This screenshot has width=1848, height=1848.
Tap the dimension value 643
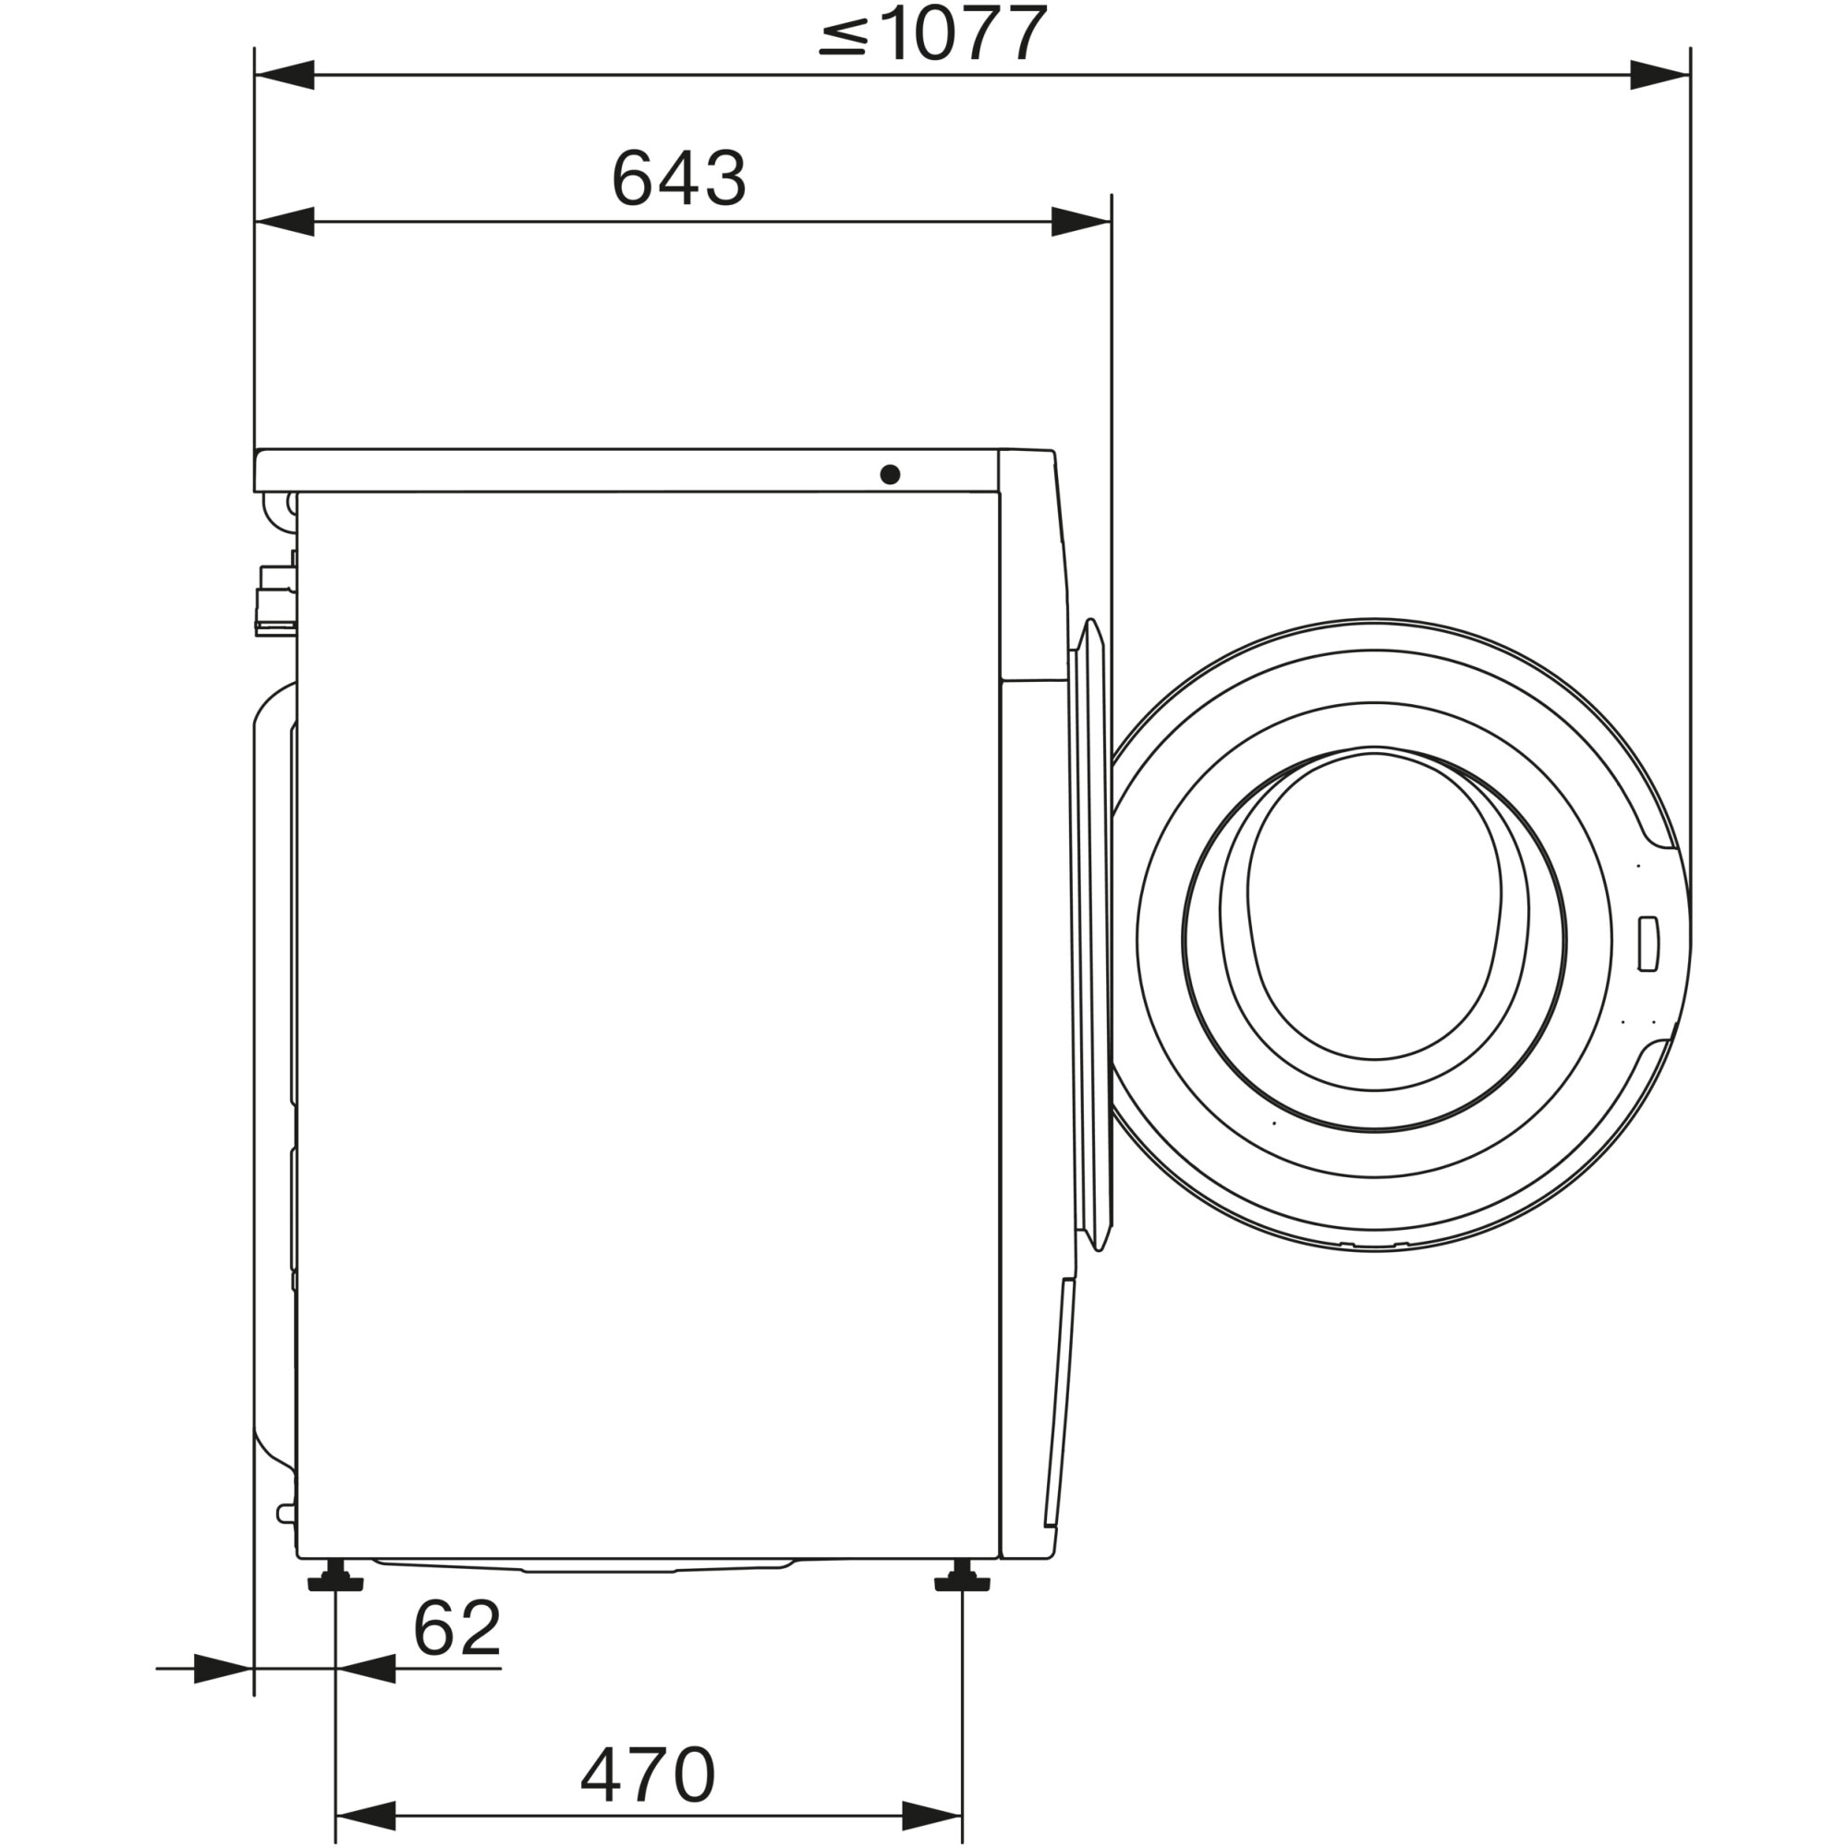click(x=678, y=179)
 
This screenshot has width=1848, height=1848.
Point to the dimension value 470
click(x=648, y=1775)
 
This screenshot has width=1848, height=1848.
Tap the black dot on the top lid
click(x=890, y=473)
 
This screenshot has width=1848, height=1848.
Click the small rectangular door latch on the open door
click(x=1647, y=944)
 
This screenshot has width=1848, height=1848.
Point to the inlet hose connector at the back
click(x=275, y=598)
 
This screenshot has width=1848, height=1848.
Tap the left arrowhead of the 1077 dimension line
click(x=285, y=75)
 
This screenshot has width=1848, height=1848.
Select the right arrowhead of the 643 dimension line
click(x=1081, y=222)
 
